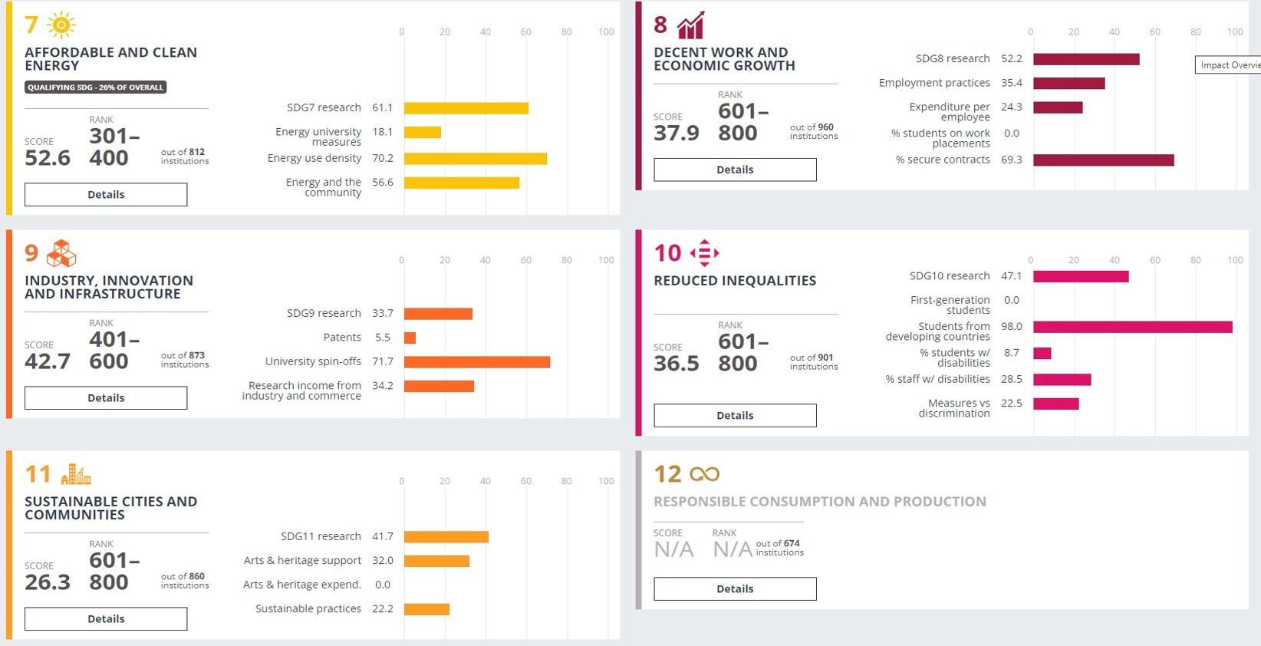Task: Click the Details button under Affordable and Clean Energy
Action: pyautogui.click(x=106, y=195)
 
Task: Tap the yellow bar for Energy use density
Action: pyautogui.click(x=476, y=159)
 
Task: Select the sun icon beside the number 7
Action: pyautogui.click(x=61, y=25)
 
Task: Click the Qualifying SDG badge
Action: pyautogui.click(x=96, y=87)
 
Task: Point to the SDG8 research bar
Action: pyautogui.click(x=1086, y=59)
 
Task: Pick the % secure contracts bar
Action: pyautogui.click(x=1103, y=160)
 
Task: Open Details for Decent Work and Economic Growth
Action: pyautogui.click(x=735, y=170)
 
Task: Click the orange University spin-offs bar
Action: pyautogui.click(x=477, y=362)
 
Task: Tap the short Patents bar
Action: pyautogui.click(x=410, y=338)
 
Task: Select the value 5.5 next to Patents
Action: pyautogui.click(x=383, y=338)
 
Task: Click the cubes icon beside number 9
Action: pyautogui.click(x=61, y=253)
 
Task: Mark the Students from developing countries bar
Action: pyautogui.click(x=1133, y=327)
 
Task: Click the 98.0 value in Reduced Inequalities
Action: pyautogui.click(x=1012, y=327)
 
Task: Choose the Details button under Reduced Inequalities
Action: pyautogui.click(x=735, y=415)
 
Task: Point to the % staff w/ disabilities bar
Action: pyautogui.click(x=1062, y=380)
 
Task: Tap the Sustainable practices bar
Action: pyautogui.click(x=426, y=609)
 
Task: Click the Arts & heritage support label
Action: pyautogui.click(x=302, y=561)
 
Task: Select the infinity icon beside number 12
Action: pyautogui.click(x=704, y=474)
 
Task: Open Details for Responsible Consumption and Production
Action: pyautogui.click(x=735, y=588)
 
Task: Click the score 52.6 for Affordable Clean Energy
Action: pyautogui.click(x=48, y=158)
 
